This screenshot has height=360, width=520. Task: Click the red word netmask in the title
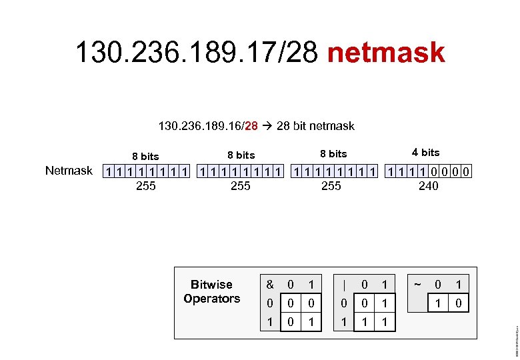tap(386, 52)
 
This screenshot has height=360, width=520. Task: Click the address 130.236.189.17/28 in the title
tap(197, 52)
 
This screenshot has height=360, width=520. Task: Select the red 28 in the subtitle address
tap(251, 125)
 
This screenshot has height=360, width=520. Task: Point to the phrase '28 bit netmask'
tap(315, 125)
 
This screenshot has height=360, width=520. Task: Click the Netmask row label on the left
tap(69, 171)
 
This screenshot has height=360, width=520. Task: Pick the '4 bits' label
tap(426, 153)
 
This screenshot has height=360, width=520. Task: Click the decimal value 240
tap(428, 186)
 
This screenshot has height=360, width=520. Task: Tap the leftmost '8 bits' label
tap(145, 156)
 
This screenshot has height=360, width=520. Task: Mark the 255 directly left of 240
tap(331, 186)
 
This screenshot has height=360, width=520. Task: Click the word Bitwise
tap(211, 285)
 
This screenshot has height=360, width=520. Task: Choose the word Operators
tap(211, 299)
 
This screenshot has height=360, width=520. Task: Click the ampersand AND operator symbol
tap(270, 285)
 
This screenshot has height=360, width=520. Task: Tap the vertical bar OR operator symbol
tap(343, 285)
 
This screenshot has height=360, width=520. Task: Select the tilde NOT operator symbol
tap(417, 285)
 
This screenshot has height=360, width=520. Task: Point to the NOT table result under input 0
tap(437, 303)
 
